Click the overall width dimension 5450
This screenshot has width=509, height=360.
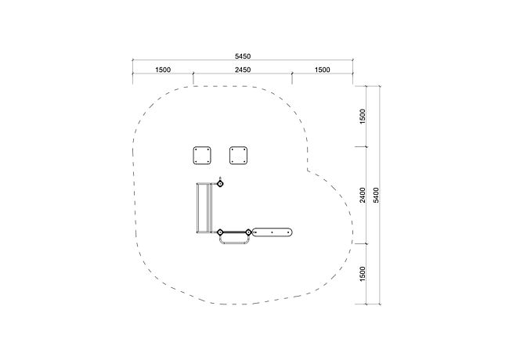coord(243,56)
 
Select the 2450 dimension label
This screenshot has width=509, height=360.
coord(243,70)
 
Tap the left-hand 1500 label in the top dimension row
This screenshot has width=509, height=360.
coord(163,70)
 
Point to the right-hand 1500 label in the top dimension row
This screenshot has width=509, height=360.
coord(323,70)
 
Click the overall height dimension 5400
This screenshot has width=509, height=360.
coord(376,195)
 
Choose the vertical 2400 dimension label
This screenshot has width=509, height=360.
coord(363,195)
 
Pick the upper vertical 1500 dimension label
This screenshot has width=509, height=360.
coord(363,116)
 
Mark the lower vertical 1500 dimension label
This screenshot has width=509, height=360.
coord(363,274)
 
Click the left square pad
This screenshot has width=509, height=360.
coord(202,156)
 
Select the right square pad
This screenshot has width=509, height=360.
coord(239,156)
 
